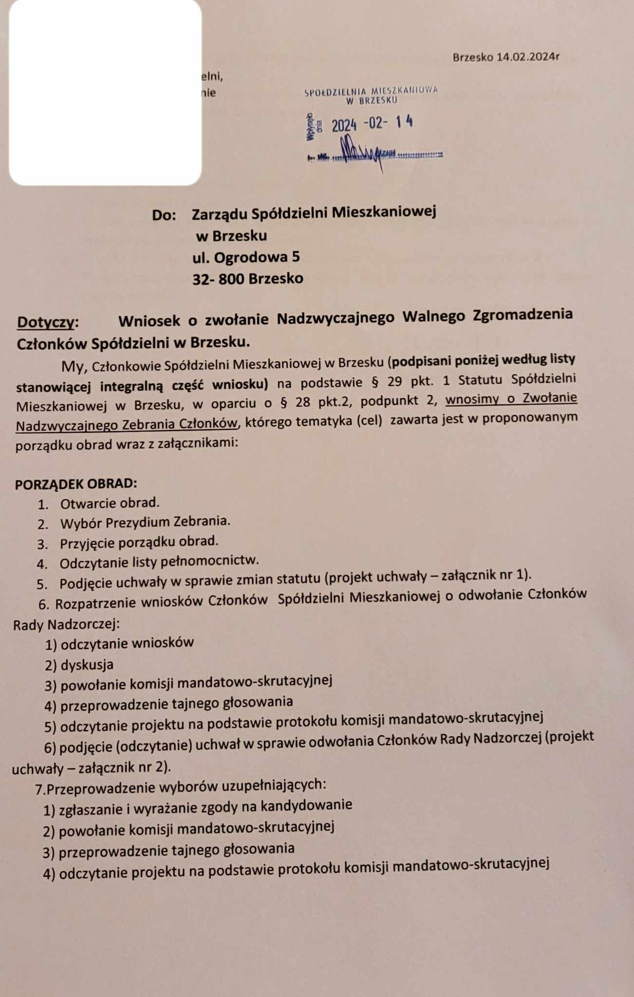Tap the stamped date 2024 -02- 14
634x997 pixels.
click(x=372, y=124)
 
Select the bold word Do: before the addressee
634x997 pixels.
click(x=164, y=215)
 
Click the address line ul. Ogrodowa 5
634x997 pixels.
click(x=246, y=257)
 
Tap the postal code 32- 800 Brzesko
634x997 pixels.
click(x=247, y=279)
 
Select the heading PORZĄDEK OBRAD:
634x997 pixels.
click(x=76, y=484)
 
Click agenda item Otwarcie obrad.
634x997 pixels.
click(x=110, y=503)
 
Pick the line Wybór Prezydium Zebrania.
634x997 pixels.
click(x=145, y=522)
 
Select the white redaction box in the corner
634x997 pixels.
click(x=105, y=92)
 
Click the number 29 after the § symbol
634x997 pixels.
click(x=394, y=381)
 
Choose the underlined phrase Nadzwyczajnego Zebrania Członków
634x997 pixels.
click(x=127, y=425)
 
